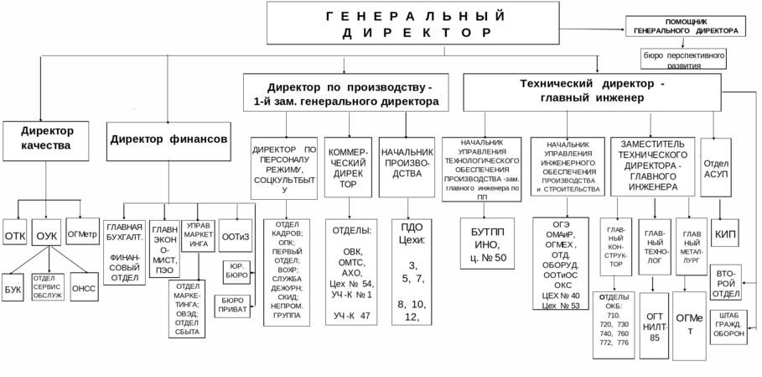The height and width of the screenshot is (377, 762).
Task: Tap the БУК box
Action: [x=13, y=287]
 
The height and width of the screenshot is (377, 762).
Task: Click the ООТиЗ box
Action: [x=235, y=237]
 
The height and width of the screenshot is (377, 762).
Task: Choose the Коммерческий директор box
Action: [x=347, y=163]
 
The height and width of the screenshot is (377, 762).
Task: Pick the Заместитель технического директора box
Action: [x=656, y=163]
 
